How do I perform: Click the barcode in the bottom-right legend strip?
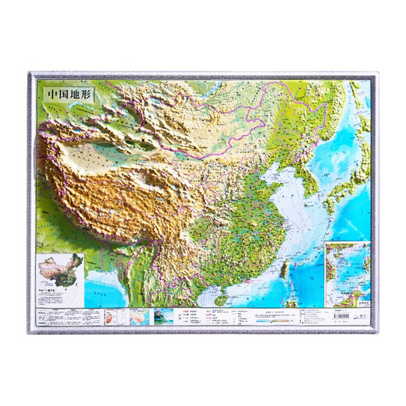pyautogui.click(x=351, y=314)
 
